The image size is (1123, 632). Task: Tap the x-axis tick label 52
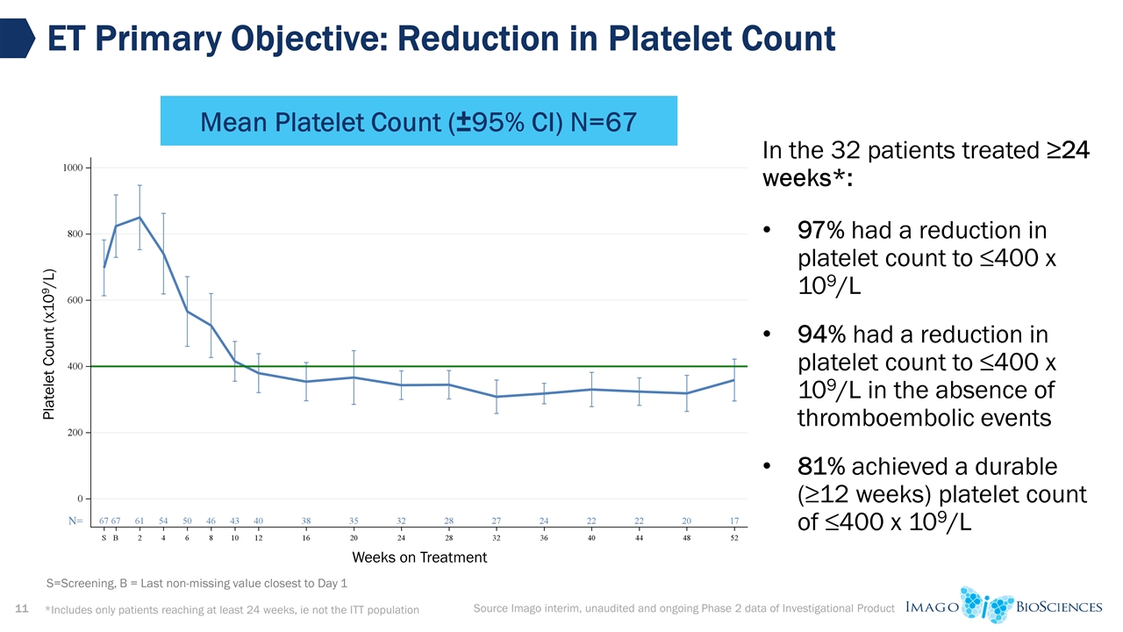[x=733, y=538]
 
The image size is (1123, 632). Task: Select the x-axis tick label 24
[x=401, y=538]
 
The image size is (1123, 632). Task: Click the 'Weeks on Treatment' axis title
[x=419, y=557]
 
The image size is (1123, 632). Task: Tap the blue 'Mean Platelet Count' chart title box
[x=418, y=121]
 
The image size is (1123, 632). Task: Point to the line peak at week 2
[x=139, y=218]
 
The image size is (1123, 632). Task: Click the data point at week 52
[x=733, y=380]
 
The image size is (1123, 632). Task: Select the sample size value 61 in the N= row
[x=139, y=521]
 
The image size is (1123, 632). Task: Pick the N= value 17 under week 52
[x=733, y=521]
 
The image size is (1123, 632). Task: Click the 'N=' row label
[x=76, y=521]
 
